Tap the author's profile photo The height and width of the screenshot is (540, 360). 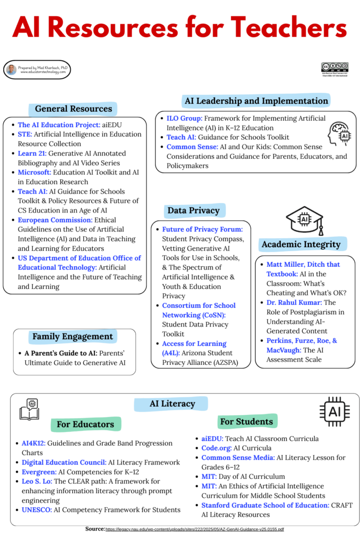pos(12,70)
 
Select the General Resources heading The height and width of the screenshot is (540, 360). pos(73,109)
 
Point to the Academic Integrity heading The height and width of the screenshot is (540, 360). pos(301,244)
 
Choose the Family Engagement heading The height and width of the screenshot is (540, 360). pos(73,336)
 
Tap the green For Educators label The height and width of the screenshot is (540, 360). pos(85,424)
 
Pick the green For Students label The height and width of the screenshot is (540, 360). pos(247,421)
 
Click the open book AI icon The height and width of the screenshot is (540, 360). pos(29,410)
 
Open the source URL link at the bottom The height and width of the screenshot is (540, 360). pos(195,529)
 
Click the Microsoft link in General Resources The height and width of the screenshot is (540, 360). pos(34,172)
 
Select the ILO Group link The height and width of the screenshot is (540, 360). pos(184,118)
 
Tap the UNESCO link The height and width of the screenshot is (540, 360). pos(35,510)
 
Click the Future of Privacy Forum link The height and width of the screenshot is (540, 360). pos(202,229)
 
